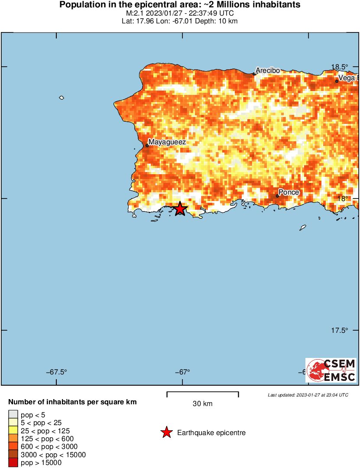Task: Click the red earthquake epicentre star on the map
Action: tap(180, 209)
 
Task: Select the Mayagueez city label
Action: tap(167, 142)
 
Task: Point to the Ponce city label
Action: tap(289, 192)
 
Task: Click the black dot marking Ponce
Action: tap(277, 196)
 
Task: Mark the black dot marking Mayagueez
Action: tap(147, 146)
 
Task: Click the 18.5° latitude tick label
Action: tap(340, 67)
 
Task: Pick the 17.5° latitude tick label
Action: tap(340, 330)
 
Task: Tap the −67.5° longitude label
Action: tap(57, 372)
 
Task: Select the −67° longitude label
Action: tap(182, 372)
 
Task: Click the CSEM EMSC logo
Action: tap(331, 370)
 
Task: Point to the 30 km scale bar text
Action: tap(202, 404)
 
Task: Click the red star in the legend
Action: tap(166, 432)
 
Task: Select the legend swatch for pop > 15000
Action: tap(13, 462)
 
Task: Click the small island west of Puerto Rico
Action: tap(62, 98)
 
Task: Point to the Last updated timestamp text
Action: tap(308, 395)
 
